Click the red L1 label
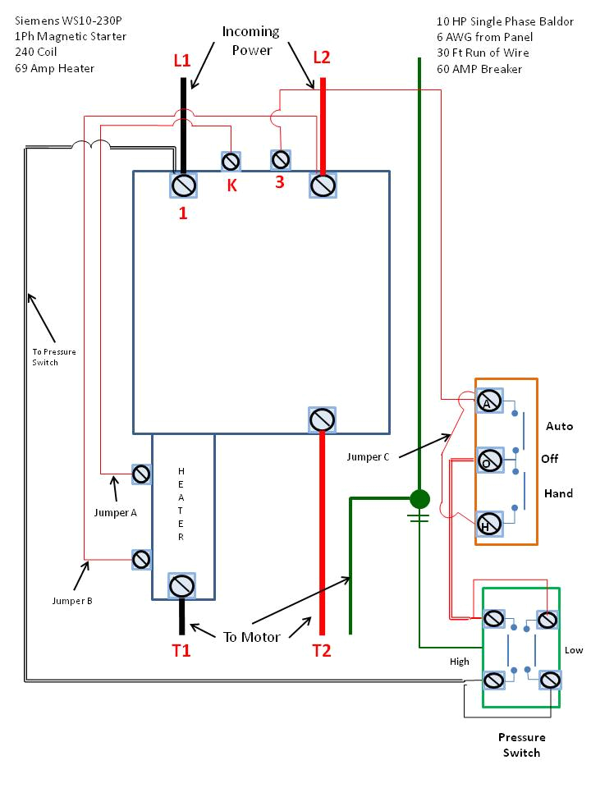(181, 60)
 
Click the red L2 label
(321, 57)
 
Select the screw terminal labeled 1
(182, 186)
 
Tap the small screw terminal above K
(231, 160)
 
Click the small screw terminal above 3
(281, 157)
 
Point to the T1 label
(181, 651)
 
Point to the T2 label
(322, 651)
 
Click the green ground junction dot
(419, 498)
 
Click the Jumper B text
(71, 601)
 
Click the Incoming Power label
(250, 40)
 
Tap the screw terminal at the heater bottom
(181, 586)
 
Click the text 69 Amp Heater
(54, 68)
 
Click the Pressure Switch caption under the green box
(521, 744)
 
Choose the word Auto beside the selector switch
(559, 426)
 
